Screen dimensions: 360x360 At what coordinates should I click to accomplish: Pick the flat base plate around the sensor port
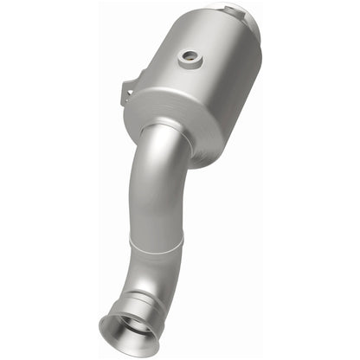click(x=188, y=64)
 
